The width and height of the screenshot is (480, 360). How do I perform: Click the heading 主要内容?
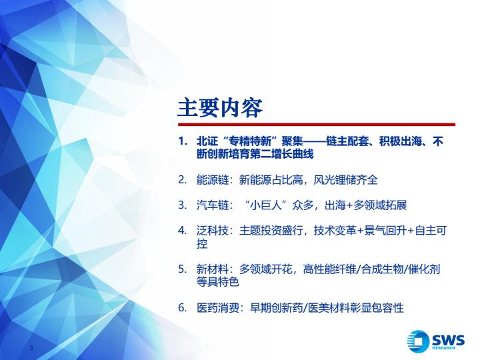coord(220,108)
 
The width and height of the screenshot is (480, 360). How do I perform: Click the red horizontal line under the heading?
coord(317,125)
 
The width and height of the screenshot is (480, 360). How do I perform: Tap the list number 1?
coord(183,141)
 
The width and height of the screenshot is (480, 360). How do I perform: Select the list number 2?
coord(183,179)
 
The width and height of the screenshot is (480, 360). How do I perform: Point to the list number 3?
coord(183,205)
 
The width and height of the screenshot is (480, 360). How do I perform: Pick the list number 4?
coord(183,231)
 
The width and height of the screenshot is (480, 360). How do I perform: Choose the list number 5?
coord(183,269)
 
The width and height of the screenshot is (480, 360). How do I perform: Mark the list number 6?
coord(183,307)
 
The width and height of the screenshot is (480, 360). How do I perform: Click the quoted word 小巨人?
coord(266,205)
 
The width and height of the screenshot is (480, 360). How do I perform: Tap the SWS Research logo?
coord(435,341)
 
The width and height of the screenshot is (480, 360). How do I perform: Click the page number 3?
coord(31,348)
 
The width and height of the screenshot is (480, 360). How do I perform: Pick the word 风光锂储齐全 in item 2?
coord(345,180)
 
